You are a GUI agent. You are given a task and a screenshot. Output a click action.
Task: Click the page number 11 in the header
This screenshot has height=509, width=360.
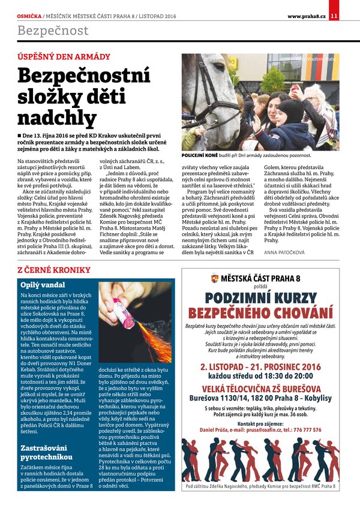tap(334, 16)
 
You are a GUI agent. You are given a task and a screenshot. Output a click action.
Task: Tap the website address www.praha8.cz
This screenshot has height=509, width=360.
tap(306, 16)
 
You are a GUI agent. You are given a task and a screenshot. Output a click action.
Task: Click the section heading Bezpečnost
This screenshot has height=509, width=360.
tap(53, 31)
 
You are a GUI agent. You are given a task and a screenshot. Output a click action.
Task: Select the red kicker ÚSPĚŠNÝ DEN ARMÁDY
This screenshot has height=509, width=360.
tap(64, 57)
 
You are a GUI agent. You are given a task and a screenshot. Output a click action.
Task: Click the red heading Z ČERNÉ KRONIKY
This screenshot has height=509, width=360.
tap(55, 270)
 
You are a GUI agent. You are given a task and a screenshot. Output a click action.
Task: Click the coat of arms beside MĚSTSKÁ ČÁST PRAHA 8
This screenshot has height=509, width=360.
tap(215, 278)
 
